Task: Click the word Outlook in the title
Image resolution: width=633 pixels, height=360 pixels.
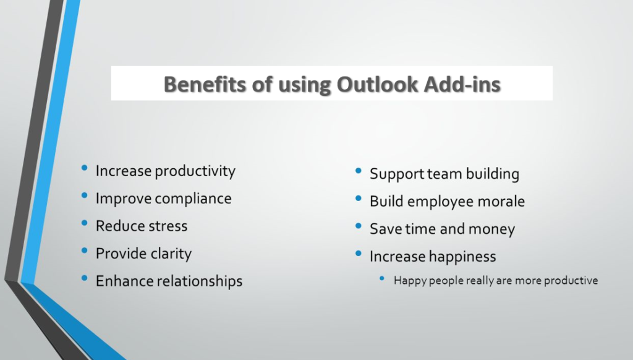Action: pos(378,85)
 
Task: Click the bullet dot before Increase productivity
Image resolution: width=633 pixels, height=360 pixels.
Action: pos(84,168)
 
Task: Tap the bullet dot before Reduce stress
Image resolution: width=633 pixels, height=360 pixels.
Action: pos(84,223)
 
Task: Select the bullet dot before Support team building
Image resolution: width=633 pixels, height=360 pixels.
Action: pos(359,171)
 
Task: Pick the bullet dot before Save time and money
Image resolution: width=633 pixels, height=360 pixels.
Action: pos(359,226)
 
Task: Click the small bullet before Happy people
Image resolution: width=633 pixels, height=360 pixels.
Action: pos(382,278)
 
